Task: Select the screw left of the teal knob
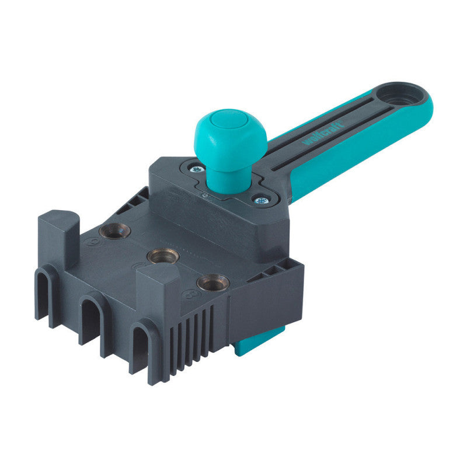196,169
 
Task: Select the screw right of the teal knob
259,200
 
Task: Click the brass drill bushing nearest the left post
114,231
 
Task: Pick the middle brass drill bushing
162,256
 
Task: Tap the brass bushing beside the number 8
212,283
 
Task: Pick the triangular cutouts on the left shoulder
132,201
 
